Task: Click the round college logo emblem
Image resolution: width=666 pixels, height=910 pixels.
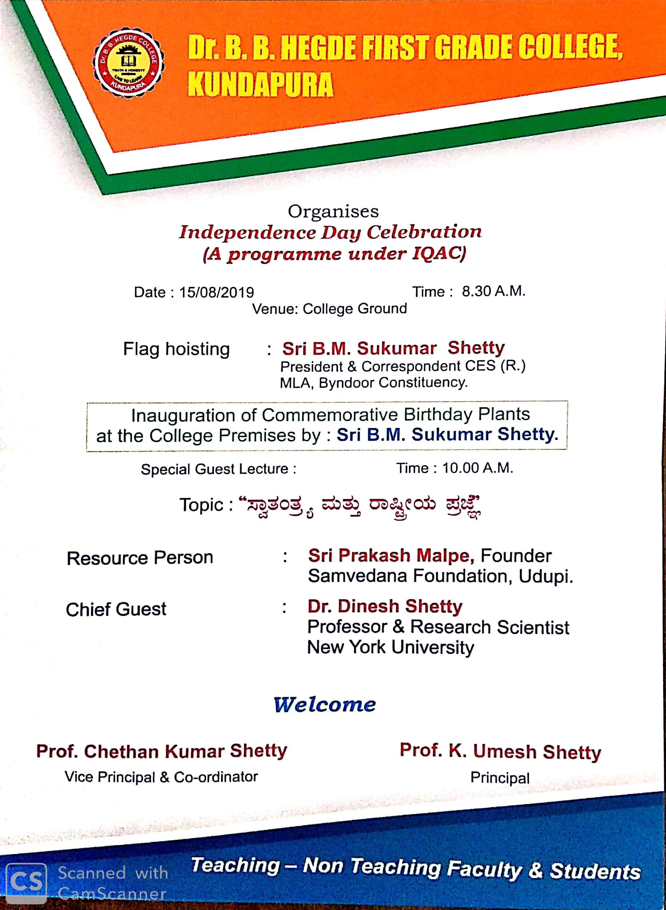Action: click(128, 63)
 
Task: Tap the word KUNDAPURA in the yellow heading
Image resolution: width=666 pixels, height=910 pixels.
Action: click(260, 85)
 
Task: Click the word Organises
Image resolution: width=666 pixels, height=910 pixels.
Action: click(333, 211)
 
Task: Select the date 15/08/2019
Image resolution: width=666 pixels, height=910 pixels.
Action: click(216, 292)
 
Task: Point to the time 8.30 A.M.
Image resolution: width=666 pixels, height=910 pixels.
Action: click(494, 291)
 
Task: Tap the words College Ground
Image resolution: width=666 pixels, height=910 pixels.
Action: click(355, 309)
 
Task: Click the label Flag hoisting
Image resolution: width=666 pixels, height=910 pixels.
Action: click(176, 349)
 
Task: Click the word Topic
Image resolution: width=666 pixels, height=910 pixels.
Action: click(201, 505)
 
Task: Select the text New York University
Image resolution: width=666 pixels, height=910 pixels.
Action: click(390, 647)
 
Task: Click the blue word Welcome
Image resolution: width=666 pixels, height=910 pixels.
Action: click(325, 704)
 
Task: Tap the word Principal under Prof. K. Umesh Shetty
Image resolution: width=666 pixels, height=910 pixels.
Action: click(500, 778)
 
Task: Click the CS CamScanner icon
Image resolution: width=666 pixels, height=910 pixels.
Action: click(26, 883)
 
